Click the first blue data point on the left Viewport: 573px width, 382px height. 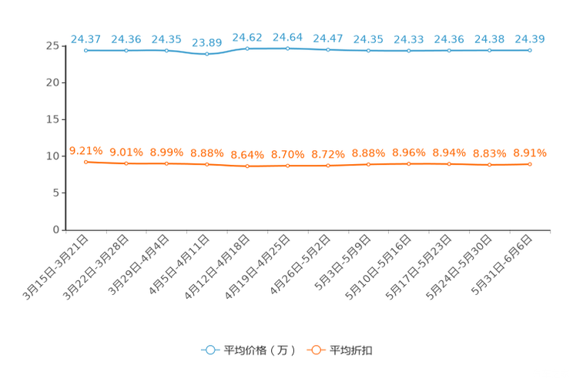click(x=86, y=50)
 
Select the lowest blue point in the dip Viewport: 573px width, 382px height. click(x=206, y=54)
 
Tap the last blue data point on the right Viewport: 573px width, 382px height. click(x=530, y=50)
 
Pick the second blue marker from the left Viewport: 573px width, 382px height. click(x=126, y=50)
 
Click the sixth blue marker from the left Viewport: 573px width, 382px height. click(x=287, y=48)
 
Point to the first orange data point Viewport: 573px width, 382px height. click(x=86, y=162)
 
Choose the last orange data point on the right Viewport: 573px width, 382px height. click(x=530, y=164)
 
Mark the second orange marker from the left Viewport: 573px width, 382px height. click(x=126, y=163)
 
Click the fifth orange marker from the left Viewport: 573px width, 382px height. click(x=247, y=166)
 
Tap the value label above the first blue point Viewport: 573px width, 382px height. click(x=85, y=38)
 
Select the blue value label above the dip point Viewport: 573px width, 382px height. click(x=206, y=42)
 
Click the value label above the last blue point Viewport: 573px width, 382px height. click(x=530, y=38)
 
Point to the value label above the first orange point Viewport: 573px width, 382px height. click(x=85, y=150)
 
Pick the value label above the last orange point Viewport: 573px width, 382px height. click(x=530, y=152)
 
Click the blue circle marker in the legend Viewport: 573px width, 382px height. click(x=210, y=350)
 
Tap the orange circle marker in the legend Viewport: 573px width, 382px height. click(x=316, y=350)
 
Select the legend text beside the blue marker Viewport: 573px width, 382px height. click(x=260, y=350)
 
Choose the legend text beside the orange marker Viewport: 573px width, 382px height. click(x=351, y=350)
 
